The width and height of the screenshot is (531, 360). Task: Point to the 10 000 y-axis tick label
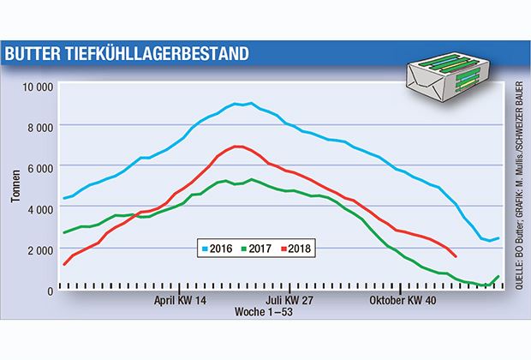pyautogui.click(x=37, y=87)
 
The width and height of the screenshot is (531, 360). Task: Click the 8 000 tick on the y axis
pyautogui.click(x=40, y=127)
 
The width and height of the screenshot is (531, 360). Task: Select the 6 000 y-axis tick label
pyautogui.click(x=40, y=167)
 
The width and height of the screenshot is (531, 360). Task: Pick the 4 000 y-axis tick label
pyautogui.click(x=40, y=208)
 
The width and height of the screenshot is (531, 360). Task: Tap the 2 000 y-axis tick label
pyautogui.click(x=40, y=249)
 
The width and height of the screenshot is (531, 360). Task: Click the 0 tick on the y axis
pyautogui.click(x=51, y=290)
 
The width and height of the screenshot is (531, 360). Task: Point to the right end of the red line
pyautogui.click(x=456, y=256)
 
